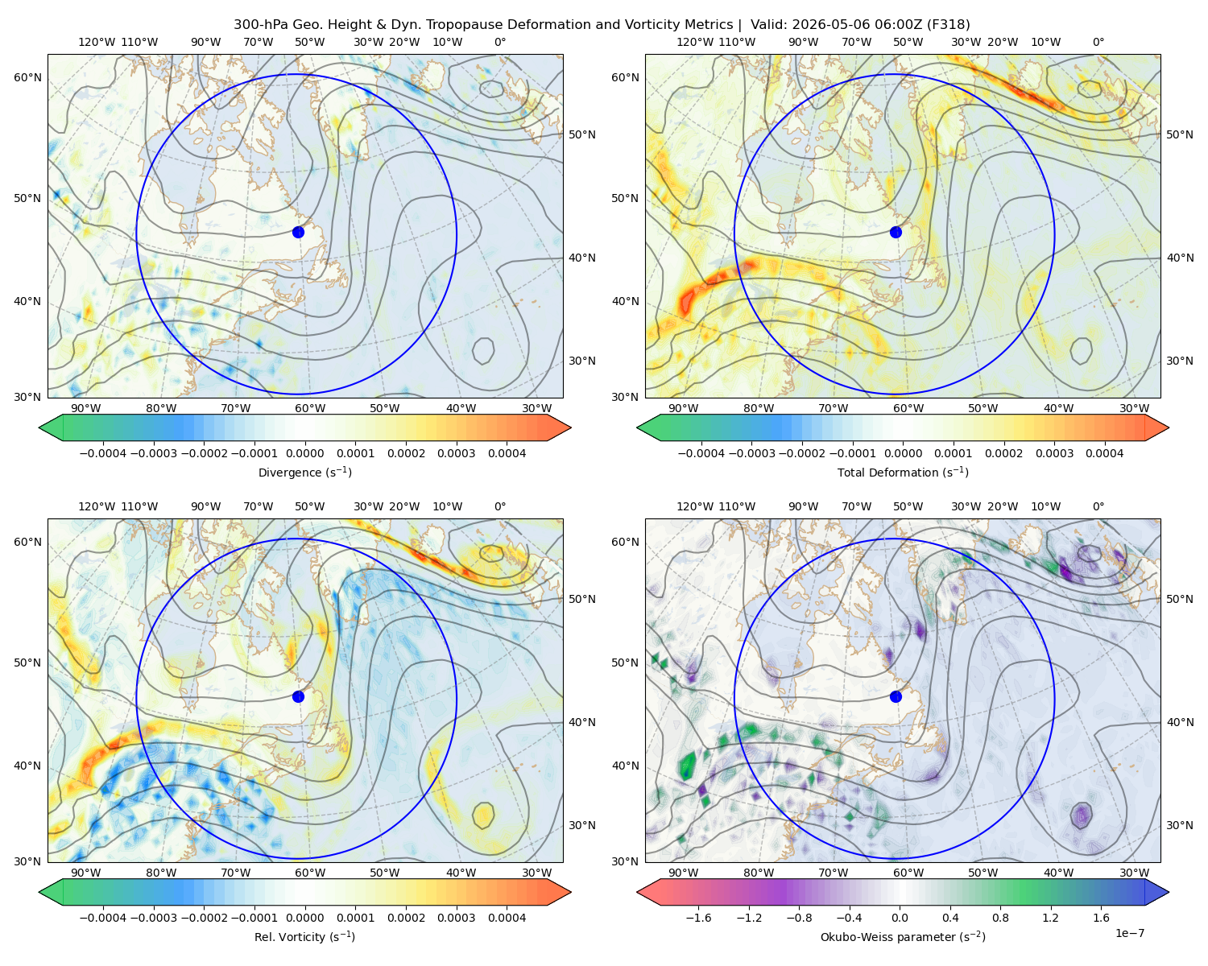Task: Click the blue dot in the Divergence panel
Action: (298, 232)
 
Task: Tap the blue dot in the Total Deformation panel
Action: (896, 232)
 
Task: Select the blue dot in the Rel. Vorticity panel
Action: (298, 696)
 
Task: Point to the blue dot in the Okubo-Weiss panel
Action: (896, 696)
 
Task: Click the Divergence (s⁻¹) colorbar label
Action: (304, 472)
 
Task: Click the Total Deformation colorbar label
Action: (903, 472)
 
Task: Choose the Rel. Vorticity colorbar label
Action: (304, 936)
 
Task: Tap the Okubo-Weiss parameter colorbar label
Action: (903, 936)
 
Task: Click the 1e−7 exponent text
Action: (1129, 933)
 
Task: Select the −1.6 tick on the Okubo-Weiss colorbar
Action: (698, 917)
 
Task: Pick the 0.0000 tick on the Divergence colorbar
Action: (304, 453)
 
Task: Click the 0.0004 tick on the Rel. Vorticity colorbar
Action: (507, 917)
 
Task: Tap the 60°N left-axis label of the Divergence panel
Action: (27, 77)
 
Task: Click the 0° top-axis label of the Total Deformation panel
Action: (1098, 42)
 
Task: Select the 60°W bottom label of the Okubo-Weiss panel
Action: (908, 873)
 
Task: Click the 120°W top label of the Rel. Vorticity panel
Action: (97, 506)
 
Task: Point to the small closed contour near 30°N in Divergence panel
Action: (482, 351)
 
